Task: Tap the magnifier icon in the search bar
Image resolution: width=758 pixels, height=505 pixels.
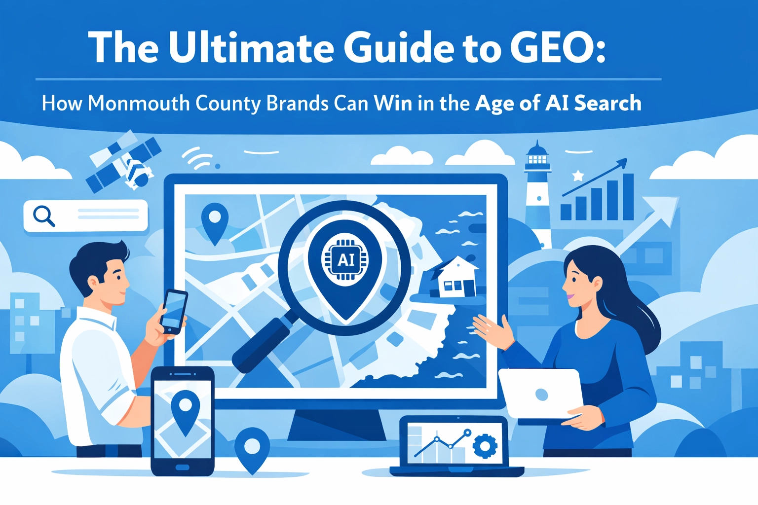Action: point(44,216)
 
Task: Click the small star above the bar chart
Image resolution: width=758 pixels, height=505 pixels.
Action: point(578,176)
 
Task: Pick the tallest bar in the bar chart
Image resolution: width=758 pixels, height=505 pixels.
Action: point(628,197)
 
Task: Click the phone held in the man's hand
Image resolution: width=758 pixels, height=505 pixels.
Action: point(174,312)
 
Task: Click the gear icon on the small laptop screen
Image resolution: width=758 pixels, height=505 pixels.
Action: point(485,446)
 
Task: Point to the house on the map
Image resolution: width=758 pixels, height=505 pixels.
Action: point(454,277)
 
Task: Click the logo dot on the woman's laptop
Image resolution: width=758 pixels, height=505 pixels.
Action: point(541,395)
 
